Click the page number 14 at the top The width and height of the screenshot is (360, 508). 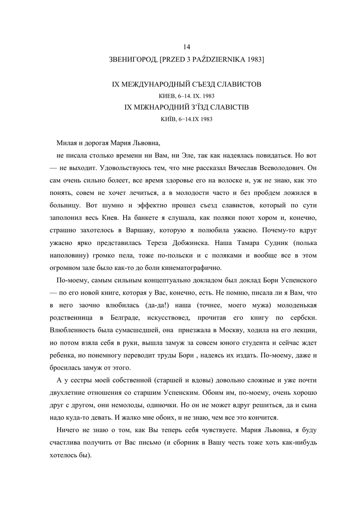click(x=187, y=47)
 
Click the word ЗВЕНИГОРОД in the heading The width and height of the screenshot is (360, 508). click(x=132, y=60)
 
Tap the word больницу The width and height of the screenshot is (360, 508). click(x=67, y=205)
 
